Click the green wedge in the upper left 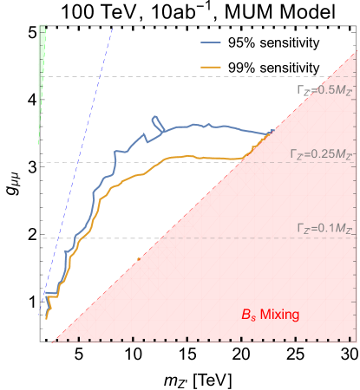click(x=42, y=61)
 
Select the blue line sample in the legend click(x=211, y=42)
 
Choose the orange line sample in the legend click(x=211, y=66)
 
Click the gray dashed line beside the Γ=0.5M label click(x=173, y=76)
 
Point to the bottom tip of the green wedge click(x=38, y=146)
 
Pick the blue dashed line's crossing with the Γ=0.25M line click(x=79, y=162)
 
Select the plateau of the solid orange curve click(x=200, y=157)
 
